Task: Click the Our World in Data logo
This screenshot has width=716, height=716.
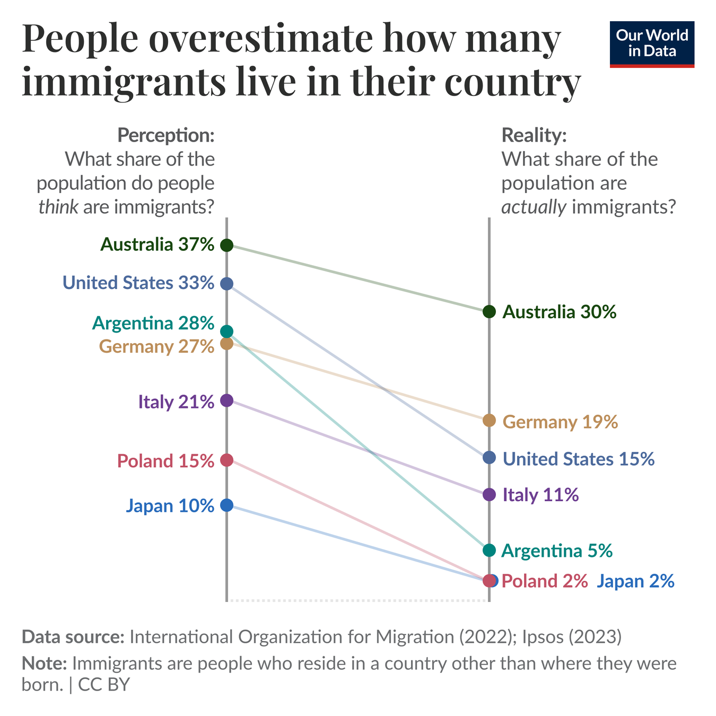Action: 652,44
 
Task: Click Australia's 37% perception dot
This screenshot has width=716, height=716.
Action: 226,245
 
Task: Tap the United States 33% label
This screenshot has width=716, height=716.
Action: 138,283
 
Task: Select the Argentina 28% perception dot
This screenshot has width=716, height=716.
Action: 226,331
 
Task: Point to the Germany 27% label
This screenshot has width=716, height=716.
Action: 156,347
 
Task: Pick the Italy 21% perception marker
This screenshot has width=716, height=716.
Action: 226,400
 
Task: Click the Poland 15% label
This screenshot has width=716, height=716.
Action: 165,461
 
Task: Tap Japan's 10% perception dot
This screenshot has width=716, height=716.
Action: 226,505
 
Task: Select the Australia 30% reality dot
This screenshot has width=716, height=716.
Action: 489,311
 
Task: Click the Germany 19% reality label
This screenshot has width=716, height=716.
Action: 560,422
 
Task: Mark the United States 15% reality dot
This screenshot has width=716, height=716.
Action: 489,457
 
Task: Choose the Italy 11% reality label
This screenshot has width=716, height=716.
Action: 540,495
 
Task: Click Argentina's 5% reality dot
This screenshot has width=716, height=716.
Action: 489,551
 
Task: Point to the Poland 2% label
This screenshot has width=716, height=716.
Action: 544,581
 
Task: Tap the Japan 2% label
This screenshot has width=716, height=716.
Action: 635,581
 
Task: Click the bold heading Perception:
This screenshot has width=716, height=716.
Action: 166,135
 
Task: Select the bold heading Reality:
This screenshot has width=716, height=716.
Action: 534,135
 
